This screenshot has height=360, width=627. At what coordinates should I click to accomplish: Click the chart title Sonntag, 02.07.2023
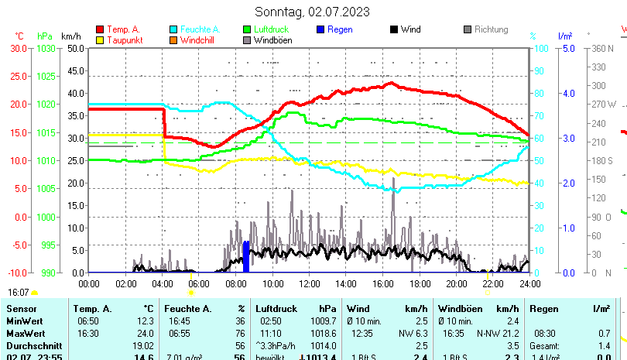313,12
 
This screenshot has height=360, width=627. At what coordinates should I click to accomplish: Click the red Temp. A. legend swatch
99,29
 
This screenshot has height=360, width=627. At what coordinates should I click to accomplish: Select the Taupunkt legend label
124,40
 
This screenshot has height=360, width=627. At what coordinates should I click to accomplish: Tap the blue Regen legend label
340,29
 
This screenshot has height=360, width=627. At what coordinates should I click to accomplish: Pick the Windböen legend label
272,40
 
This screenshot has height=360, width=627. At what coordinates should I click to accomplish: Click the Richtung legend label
491,29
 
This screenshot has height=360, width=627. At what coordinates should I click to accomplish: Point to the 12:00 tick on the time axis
309,283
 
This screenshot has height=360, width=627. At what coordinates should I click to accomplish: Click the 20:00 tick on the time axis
456,283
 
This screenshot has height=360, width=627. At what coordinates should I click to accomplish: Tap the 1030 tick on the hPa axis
46,48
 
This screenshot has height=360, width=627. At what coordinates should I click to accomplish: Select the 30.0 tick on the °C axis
19,48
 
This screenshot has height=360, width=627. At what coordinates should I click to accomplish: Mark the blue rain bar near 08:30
246,257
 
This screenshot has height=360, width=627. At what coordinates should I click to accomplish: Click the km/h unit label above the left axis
71,36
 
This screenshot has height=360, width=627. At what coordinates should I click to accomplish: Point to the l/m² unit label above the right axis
565,36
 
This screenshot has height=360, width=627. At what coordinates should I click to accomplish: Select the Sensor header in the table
22,309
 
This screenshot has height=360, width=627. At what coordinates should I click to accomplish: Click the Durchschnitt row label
33,345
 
